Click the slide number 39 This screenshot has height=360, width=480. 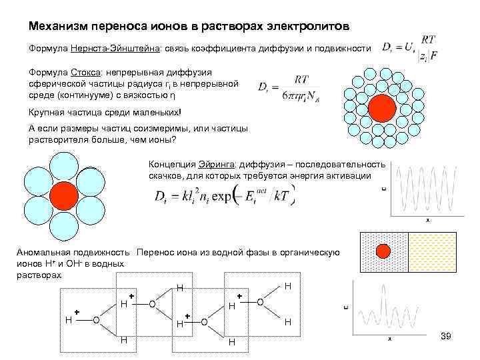tap(446, 335)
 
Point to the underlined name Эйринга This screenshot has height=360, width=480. tap(213, 164)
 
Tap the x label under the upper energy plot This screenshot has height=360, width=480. tap(427, 219)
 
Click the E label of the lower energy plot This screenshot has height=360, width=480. tap(345, 307)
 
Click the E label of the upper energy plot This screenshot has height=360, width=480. tap(383, 189)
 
